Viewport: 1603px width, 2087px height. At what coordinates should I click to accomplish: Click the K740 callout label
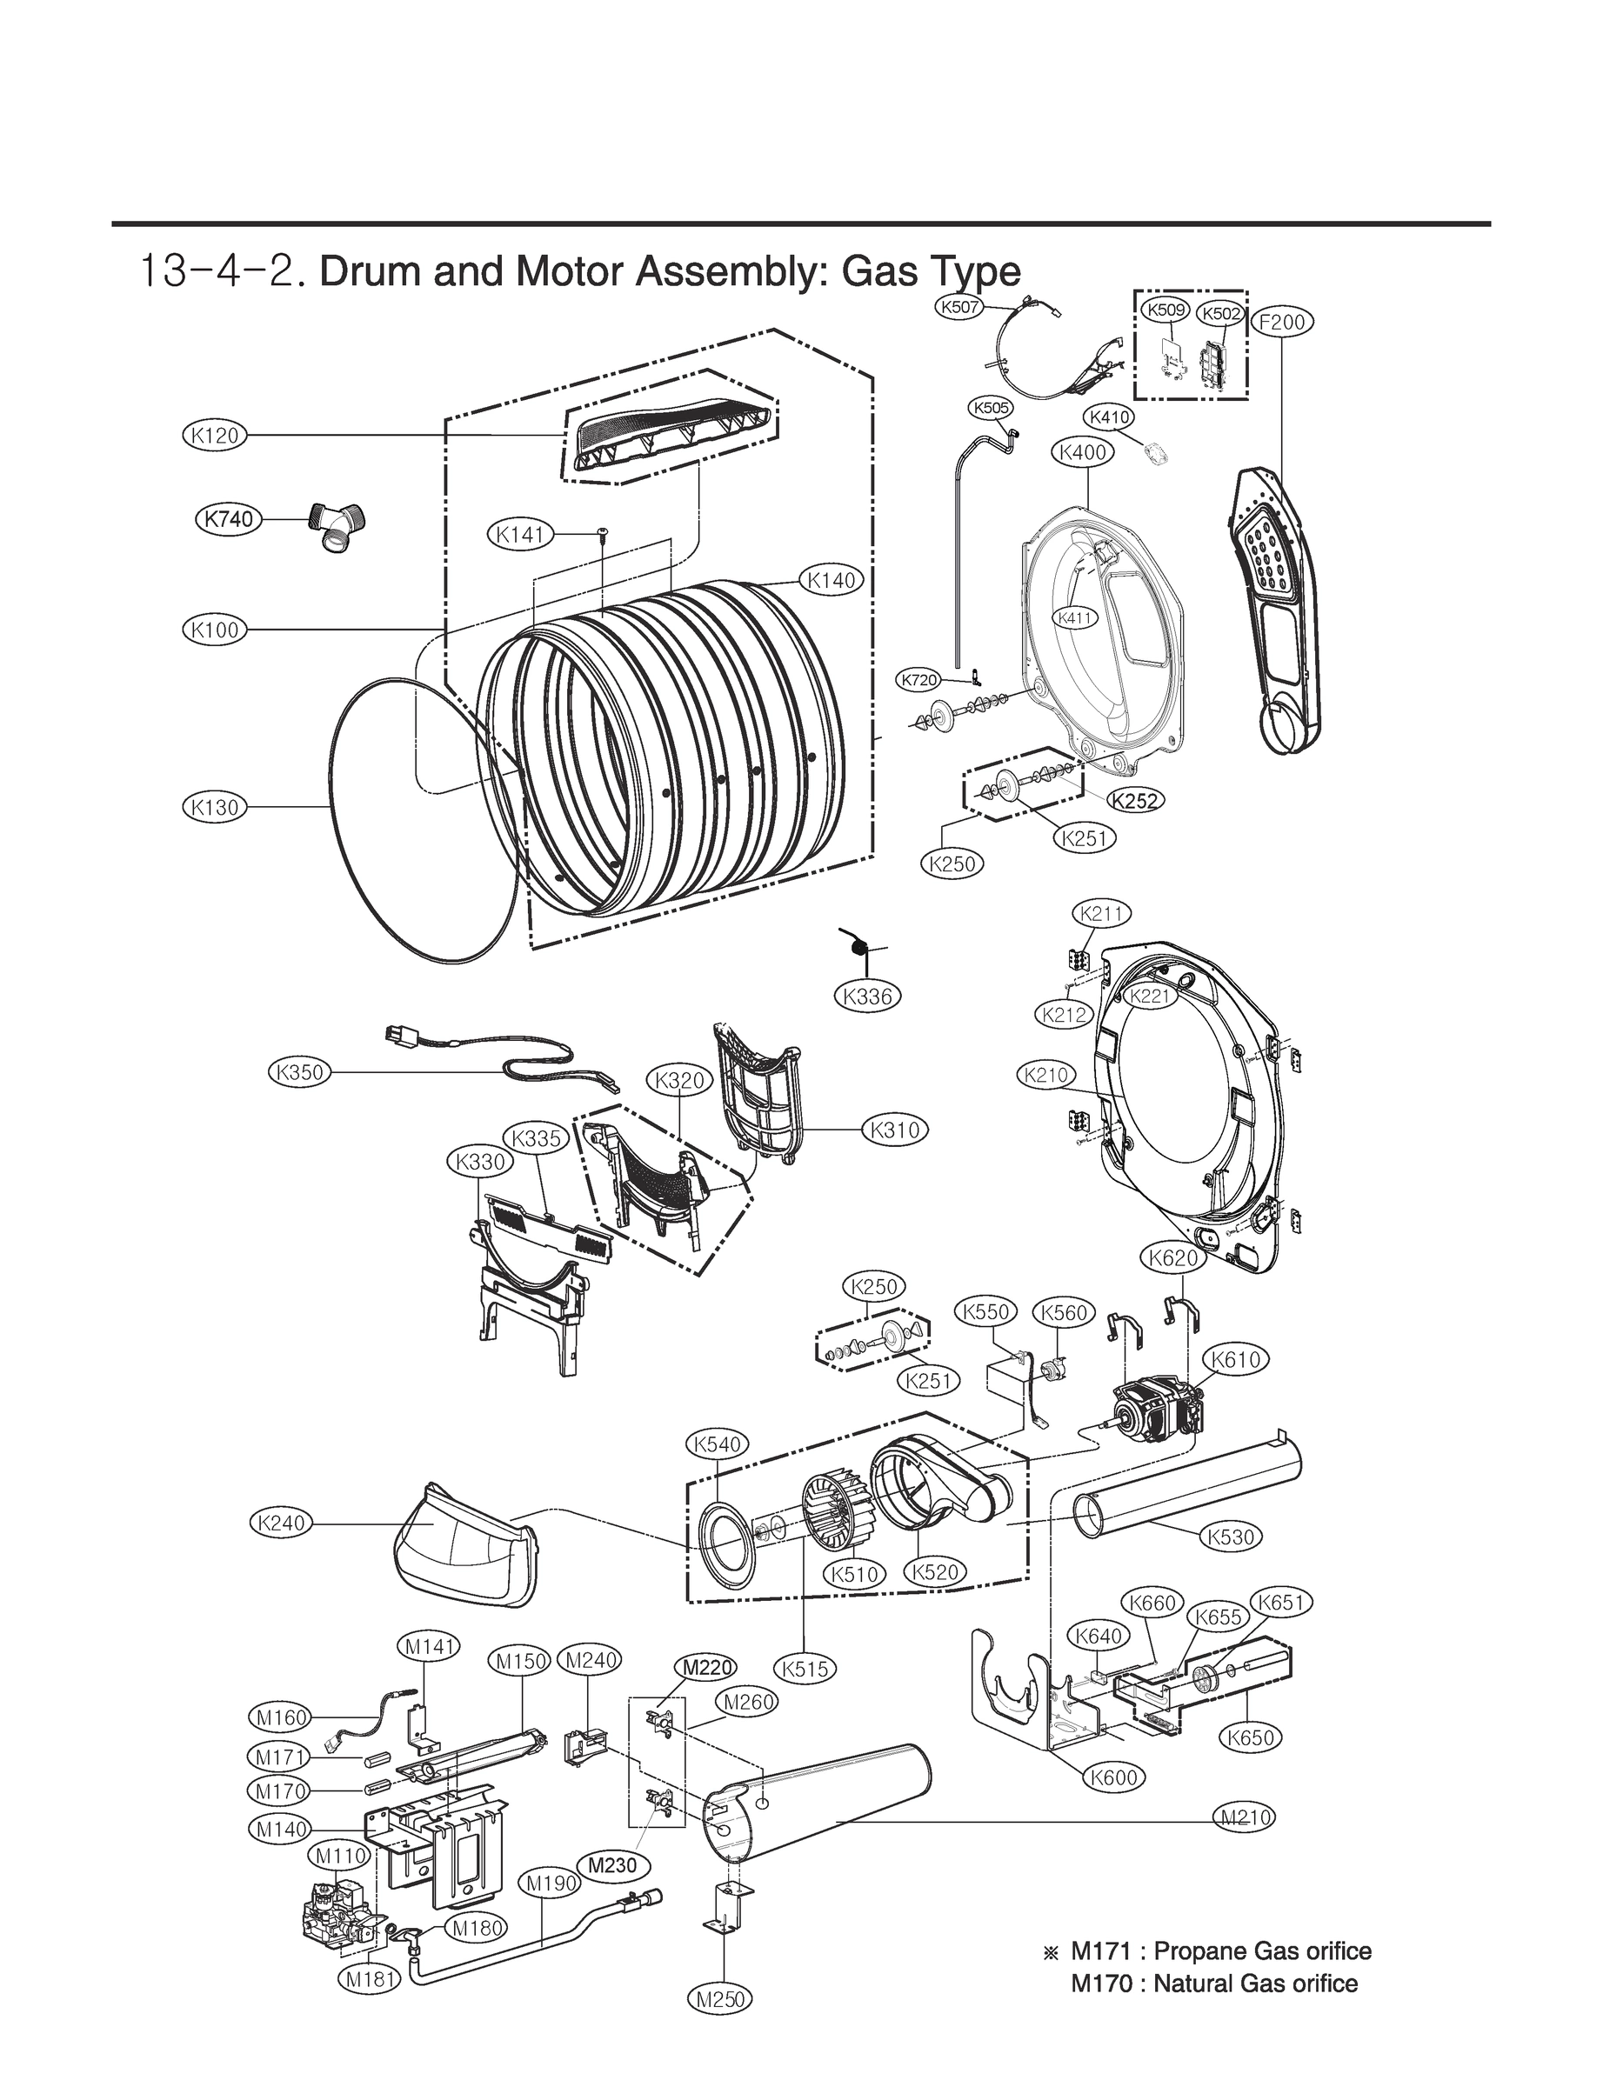229,519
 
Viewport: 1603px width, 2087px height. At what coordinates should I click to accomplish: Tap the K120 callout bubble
214,436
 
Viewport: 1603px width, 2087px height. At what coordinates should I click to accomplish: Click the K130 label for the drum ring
214,807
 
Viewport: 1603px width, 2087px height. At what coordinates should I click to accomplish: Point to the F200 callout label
1281,322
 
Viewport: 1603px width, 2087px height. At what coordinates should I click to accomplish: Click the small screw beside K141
602,531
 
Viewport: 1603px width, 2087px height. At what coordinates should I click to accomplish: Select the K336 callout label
867,997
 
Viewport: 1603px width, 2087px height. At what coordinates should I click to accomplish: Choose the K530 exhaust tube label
1230,1537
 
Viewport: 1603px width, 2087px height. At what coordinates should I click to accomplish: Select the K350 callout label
298,1072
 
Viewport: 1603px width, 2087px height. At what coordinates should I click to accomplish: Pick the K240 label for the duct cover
282,1523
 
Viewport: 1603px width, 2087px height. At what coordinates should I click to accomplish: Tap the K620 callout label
1172,1258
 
